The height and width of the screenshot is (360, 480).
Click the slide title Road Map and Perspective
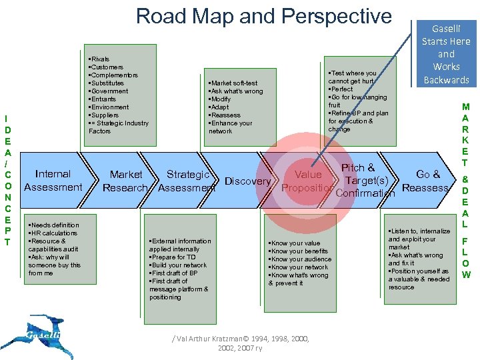tap(264, 16)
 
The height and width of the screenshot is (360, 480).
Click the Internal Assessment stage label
tap(53, 181)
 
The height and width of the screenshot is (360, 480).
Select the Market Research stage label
tap(125, 181)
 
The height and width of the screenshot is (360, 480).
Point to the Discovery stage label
tap(248, 181)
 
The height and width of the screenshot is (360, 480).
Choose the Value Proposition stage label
tap(308, 181)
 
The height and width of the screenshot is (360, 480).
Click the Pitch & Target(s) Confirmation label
tap(365, 181)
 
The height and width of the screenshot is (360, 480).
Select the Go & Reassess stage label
tap(425, 181)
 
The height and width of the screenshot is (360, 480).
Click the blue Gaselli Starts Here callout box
tap(446, 53)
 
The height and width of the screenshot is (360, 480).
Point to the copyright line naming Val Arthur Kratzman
tap(240, 343)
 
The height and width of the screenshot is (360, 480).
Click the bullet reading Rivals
tap(99, 59)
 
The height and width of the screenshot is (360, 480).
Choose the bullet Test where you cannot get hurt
tap(353, 77)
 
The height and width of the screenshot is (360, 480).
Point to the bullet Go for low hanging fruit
tap(357, 101)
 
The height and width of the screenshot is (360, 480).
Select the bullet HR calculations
tap(54, 233)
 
